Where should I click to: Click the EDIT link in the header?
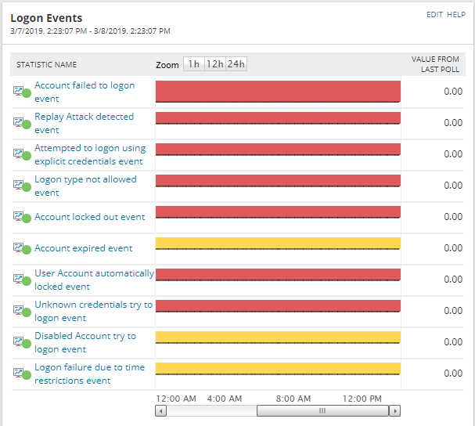tap(434, 15)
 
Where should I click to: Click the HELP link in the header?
tap(456, 15)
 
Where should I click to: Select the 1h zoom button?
tap(193, 64)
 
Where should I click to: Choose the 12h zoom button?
tap(214, 64)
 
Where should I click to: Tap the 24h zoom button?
tap(236, 64)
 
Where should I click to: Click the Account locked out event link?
tap(89, 217)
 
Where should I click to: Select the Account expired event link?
tap(83, 248)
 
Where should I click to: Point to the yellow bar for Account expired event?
tap(278, 243)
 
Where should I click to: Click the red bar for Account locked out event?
tap(278, 211)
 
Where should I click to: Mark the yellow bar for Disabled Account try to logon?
tap(278, 337)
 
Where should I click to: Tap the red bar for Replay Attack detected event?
tap(278, 117)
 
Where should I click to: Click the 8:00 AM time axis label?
tap(295, 399)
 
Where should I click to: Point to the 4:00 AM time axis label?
tap(225, 399)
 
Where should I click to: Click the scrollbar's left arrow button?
tap(160, 410)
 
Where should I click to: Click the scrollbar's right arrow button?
tap(395, 410)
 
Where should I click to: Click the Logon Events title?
tap(46, 18)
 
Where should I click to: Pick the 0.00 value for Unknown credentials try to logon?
tap(453, 311)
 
